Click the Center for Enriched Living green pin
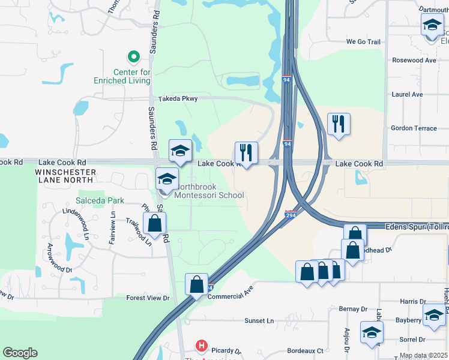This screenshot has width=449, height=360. (134, 58)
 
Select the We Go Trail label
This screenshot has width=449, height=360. (363, 42)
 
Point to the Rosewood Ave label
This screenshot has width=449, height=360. (414, 61)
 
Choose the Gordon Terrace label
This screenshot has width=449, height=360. (414, 128)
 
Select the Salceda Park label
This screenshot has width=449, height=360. (99, 200)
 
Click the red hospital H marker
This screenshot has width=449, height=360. (202, 346)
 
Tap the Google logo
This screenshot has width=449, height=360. (20, 353)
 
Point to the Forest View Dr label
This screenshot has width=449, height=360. (148, 298)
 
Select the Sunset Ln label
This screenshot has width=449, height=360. (259, 321)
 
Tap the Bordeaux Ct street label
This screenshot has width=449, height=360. (305, 350)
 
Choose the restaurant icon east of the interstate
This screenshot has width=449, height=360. (339, 124)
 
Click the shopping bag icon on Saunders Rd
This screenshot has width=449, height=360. (155, 224)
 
